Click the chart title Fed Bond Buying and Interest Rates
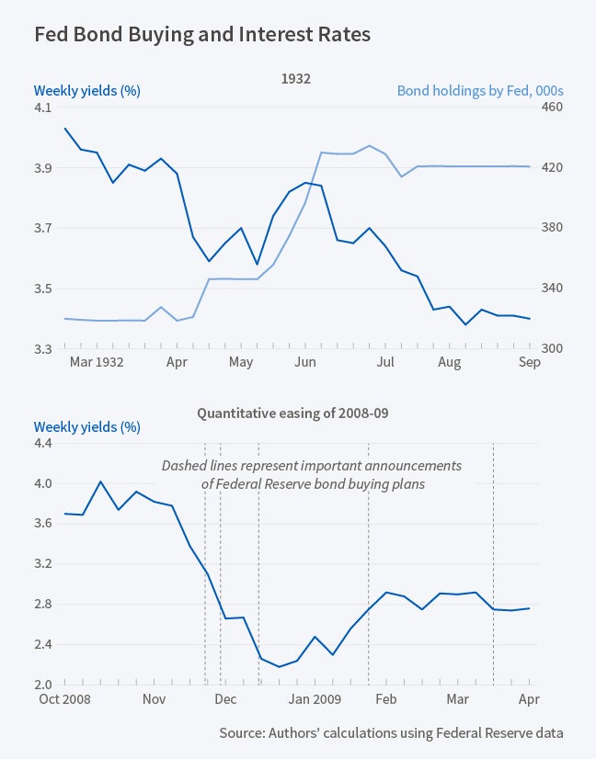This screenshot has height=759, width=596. [x=202, y=36]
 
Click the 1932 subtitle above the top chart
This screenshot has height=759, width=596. [x=296, y=79]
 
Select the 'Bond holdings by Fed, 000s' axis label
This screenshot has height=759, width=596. [x=479, y=91]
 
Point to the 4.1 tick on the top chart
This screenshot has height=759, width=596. [x=43, y=108]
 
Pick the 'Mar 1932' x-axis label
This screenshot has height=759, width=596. [x=97, y=363]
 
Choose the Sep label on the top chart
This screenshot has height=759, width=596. [x=529, y=363]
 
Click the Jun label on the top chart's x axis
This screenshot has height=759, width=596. [x=304, y=363]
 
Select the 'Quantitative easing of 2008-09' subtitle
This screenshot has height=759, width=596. [x=292, y=413]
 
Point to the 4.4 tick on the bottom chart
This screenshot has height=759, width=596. [x=43, y=443]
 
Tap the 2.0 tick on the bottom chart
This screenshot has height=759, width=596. [x=43, y=685]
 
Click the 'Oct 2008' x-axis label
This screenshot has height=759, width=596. [x=63, y=699]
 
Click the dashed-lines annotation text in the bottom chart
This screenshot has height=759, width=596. [x=311, y=475]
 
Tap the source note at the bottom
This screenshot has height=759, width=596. [x=391, y=732]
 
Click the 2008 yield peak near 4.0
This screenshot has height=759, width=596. [x=100, y=481]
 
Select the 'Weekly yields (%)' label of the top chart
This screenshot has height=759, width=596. [x=86, y=91]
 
